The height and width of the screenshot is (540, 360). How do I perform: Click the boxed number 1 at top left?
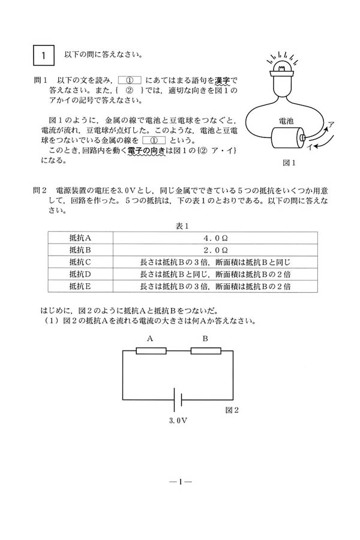pos(44,56)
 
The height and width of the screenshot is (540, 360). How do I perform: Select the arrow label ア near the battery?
pos(331,124)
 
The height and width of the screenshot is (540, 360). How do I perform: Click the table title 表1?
pos(182,226)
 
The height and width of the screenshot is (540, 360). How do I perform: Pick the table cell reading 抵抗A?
pos(80,238)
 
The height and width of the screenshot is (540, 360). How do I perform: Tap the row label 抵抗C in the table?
pos(80,262)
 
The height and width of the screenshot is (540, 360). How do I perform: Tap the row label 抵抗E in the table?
pos(80,286)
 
